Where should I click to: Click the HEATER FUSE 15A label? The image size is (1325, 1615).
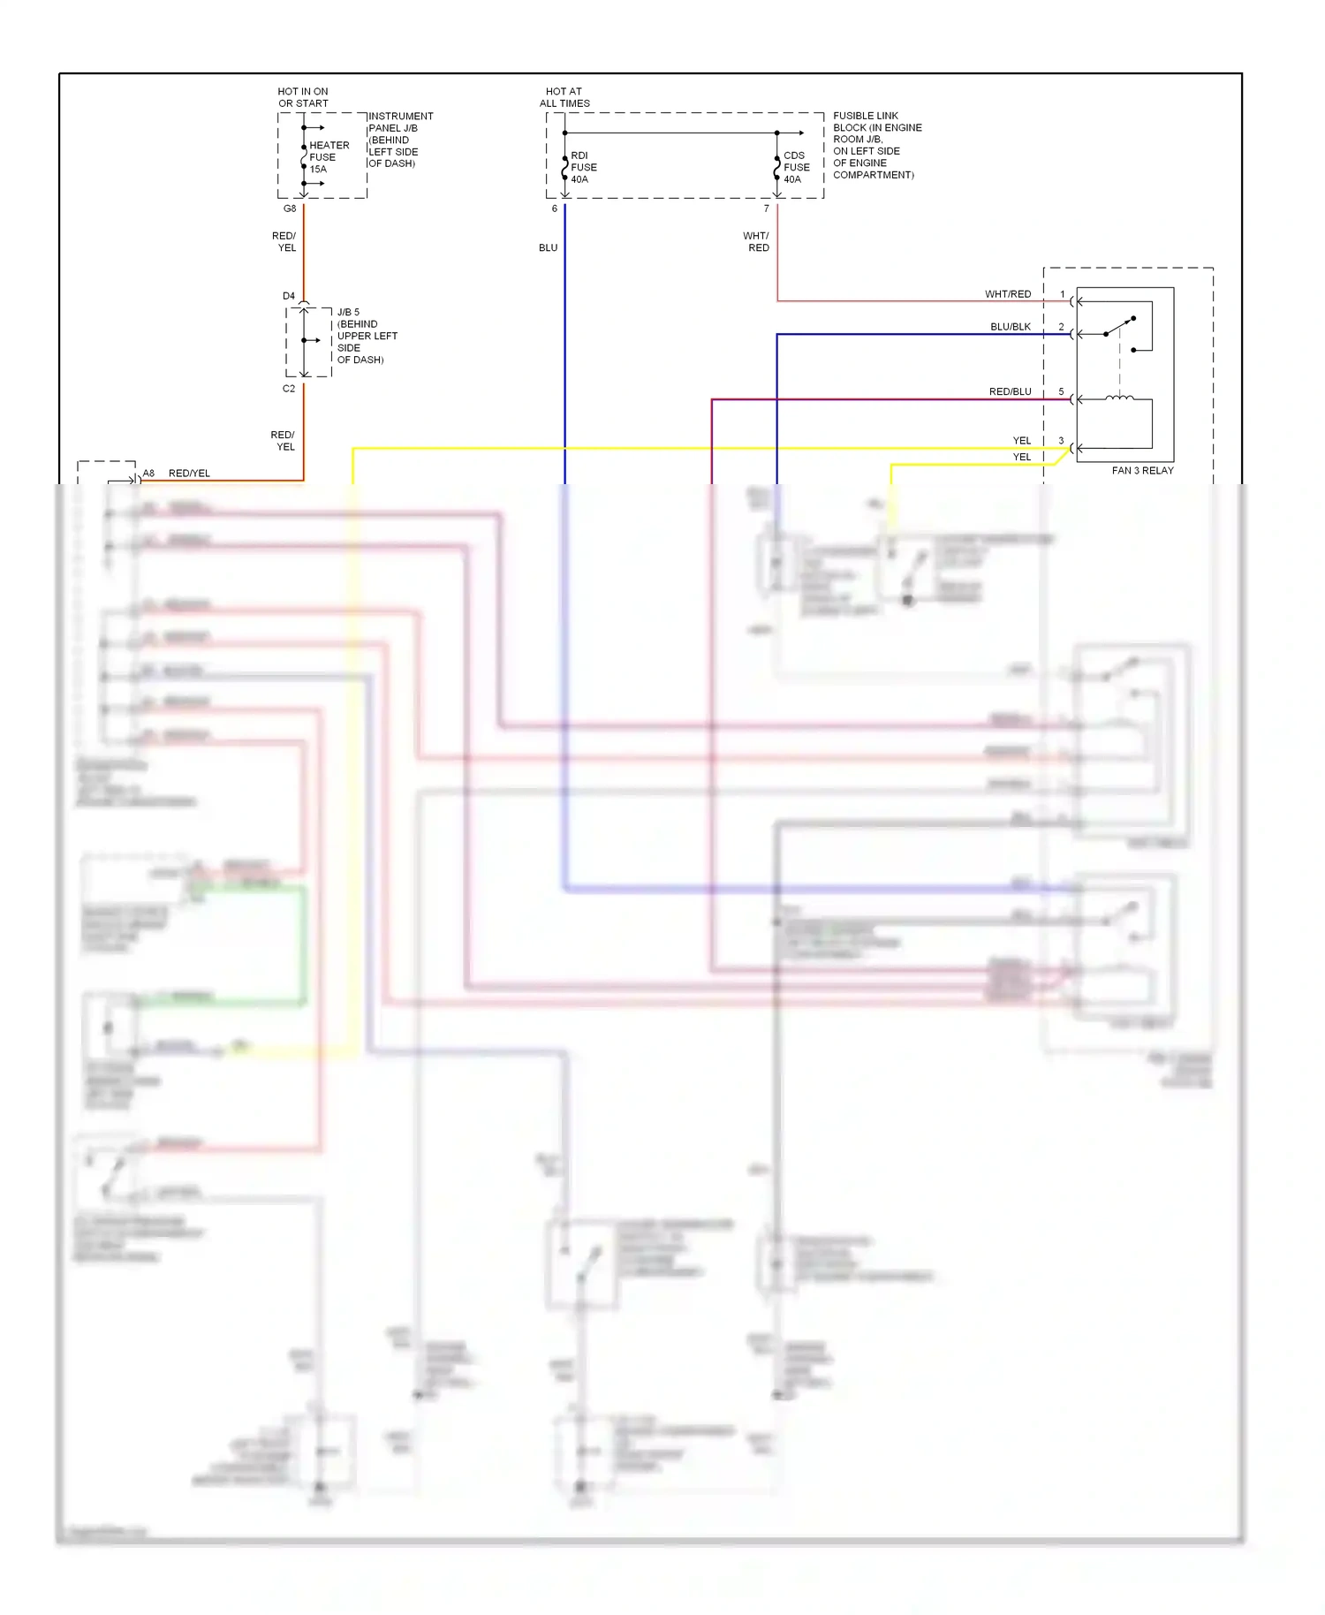pos(328,157)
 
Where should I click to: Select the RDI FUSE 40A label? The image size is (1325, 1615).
pos(583,167)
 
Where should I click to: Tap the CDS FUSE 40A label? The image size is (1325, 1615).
pos(795,167)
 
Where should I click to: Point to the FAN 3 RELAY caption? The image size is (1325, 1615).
pos(1142,471)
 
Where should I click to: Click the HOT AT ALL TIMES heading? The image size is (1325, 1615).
pos(564,97)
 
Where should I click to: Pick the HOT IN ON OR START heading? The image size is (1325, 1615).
pos(303,97)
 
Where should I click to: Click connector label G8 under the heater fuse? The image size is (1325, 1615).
pos(290,209)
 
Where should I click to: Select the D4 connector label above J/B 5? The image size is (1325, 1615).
pos(289,296)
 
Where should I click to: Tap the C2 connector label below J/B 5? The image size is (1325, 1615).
pos(289,389)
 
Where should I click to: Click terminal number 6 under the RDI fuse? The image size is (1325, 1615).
pos(555,209)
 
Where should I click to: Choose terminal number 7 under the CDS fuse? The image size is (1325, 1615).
pos(766,209)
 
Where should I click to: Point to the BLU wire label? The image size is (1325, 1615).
pos(548,248)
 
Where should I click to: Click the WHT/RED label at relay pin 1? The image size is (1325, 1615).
pos(1008,294)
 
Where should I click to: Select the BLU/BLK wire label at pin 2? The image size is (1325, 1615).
pos(1011,327)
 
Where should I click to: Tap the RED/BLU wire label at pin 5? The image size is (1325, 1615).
pos(1010,391)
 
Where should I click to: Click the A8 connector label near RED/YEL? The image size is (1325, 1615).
pos(148,474)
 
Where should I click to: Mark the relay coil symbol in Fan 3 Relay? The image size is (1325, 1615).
pos(1119,398)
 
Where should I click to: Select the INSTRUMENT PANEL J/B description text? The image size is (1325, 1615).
pos(399,140)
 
